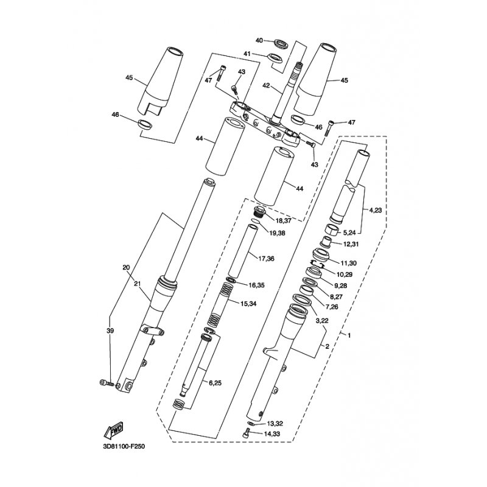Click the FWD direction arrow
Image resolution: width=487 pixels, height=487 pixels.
(x=113, y=430)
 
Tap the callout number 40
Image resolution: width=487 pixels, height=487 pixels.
(x=259, y=40)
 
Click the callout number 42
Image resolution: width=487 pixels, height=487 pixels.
(x=267, y=85)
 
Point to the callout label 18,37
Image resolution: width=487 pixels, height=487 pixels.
(x=282, y=221)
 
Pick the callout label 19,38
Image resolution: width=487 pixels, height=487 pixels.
(x=278, y=233)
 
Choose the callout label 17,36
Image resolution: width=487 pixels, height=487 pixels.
(x=266, y=258)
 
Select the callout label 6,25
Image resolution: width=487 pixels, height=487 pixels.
(x=215, y=384)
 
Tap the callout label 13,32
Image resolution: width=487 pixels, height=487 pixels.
(x=275, y=424)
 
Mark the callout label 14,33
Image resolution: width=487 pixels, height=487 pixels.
(x=272, y=433)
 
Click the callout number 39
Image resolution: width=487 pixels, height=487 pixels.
(x=110, y=331)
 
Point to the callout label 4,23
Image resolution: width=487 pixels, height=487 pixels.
(x=375, y=210)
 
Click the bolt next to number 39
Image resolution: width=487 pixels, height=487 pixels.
(x=107, y=383)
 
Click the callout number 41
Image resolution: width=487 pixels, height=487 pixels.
(x=247, y=54)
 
